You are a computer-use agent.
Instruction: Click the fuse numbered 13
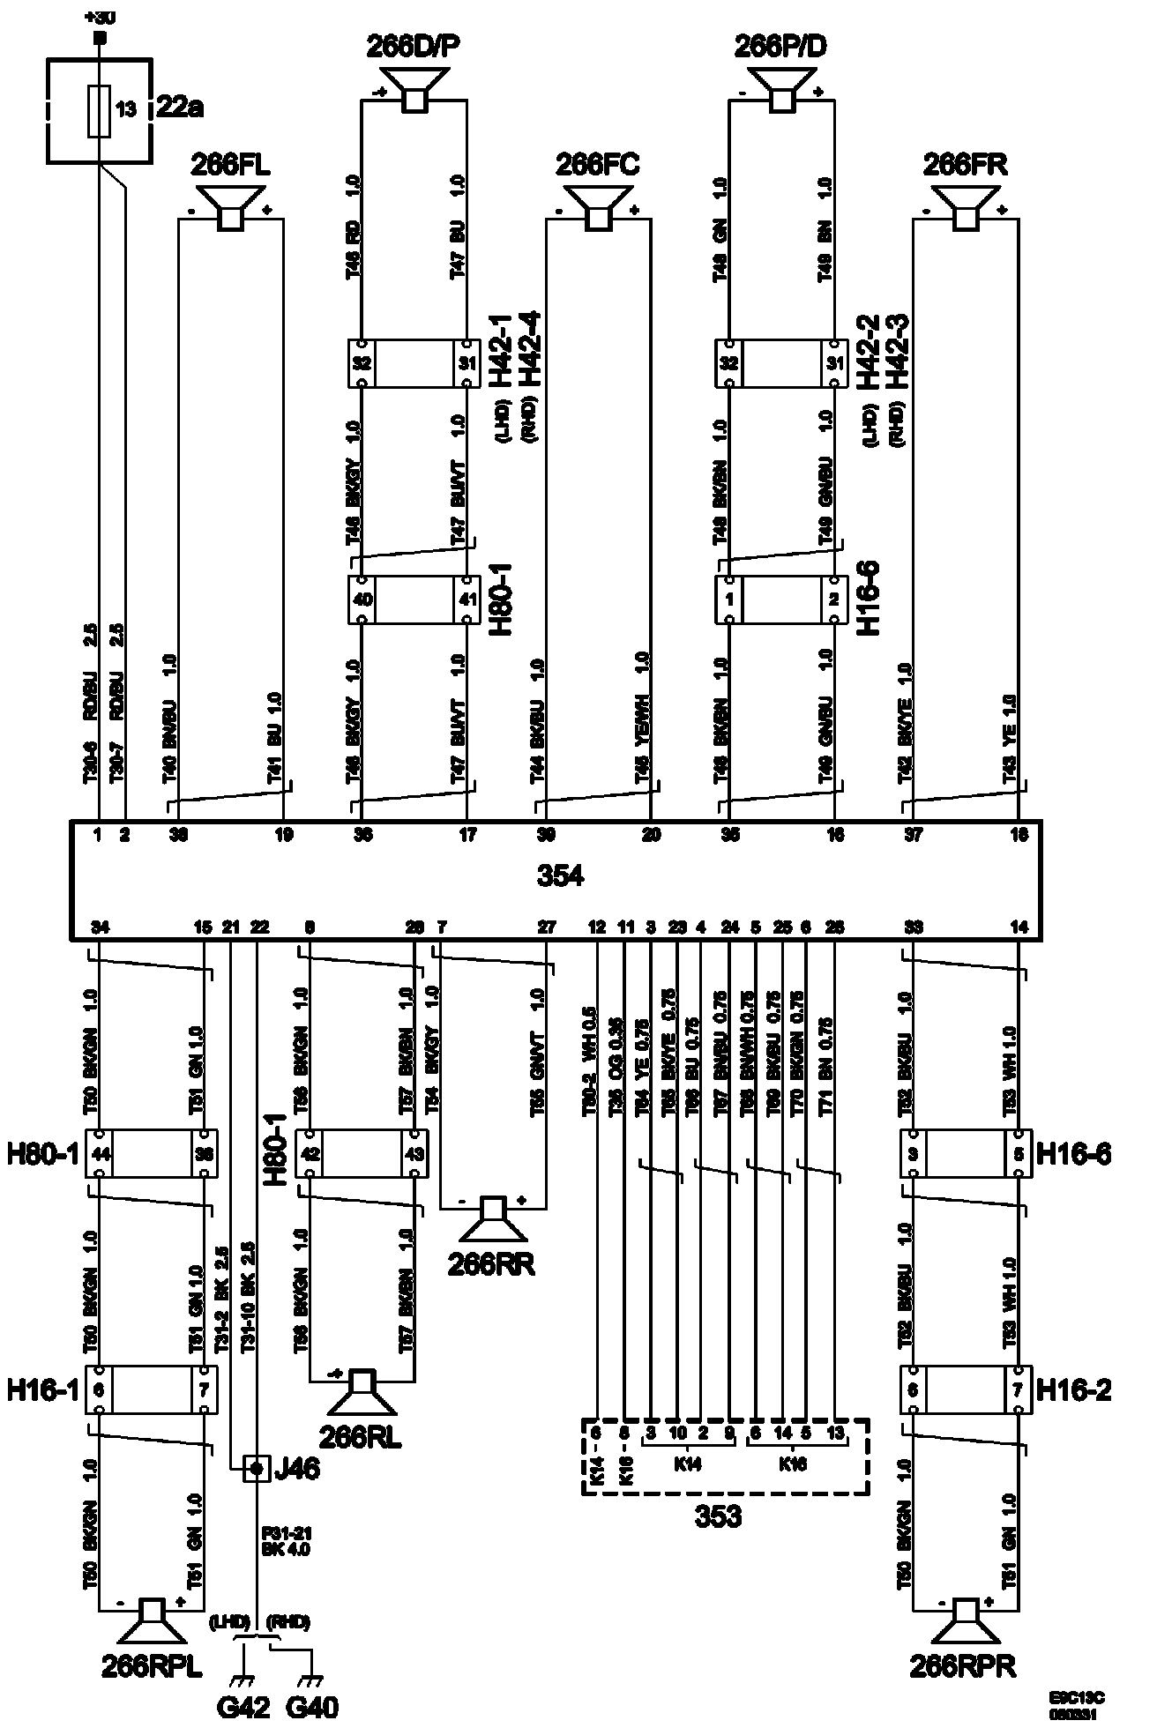(x=100, y=111)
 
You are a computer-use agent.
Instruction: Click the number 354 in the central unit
(x=560, y=876)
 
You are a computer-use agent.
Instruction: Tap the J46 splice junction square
(x=256, y=1469)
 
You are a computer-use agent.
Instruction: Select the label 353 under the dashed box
(x=719, y=1516)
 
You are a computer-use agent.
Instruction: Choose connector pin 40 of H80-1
(x=362, y=600)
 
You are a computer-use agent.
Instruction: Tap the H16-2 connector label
(x=1072, y=1391)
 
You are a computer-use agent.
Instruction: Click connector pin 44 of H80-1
(x=100, y=1153)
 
